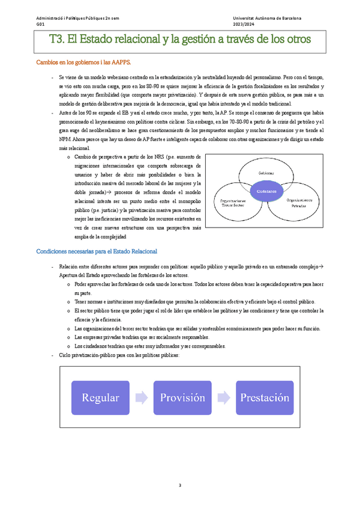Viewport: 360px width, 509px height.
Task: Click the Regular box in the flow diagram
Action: point(100,397)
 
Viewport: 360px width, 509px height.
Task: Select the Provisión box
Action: point(182,397)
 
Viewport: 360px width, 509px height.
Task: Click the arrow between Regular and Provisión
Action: point(141,397)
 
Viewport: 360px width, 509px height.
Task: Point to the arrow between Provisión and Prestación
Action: point(223,397)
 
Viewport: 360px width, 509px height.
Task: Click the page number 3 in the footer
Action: point(180,485)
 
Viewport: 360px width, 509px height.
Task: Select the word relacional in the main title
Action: point(130,40)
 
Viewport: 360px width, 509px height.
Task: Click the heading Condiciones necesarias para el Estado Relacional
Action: point(97,251)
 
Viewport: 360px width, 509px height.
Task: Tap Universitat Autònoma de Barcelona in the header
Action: point(268,19)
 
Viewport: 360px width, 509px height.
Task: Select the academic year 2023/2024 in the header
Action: point(244,25)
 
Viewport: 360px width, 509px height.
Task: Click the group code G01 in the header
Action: point(40,25)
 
